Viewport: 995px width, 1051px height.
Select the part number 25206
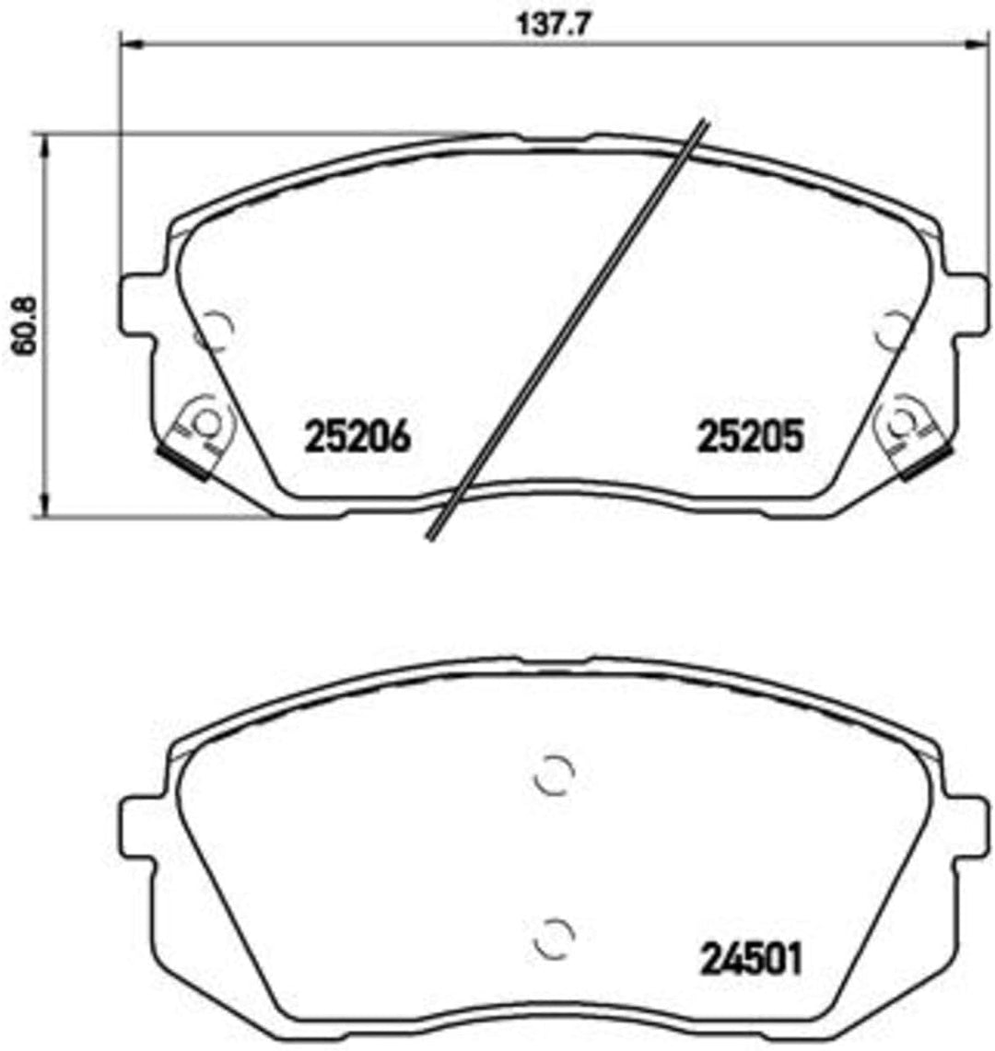click(357, 437)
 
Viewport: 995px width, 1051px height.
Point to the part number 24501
click(752, 960)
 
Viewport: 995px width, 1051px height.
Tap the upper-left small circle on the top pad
click(217, 331)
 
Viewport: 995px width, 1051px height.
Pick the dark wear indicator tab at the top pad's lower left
click(181, 461)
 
